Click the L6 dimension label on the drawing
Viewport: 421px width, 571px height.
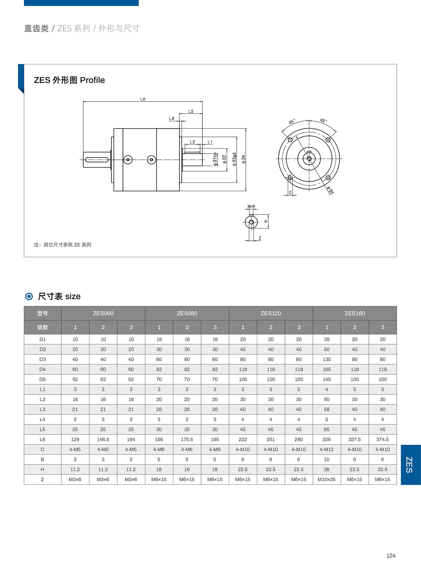(143, 99)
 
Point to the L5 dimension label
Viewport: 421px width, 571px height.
(191, 111)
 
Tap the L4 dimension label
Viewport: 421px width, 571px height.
(172, 119)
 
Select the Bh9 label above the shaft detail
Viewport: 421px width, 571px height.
(251, 206)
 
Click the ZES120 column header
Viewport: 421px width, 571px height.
(271, 313)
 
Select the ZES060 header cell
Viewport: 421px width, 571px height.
(103, 313)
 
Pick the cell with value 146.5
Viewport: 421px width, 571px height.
(103, 439)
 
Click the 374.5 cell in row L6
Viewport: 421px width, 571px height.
(382, 439)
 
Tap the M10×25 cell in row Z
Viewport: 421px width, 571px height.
(326, 479)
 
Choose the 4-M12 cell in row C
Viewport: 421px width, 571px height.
(326, 449)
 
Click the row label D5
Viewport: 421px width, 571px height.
(42, 379)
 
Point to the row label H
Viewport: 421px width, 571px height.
(42, 469)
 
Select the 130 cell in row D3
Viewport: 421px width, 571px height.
(326, 359)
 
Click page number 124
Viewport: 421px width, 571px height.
(391, 556)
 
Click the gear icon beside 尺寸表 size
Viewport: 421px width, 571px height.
(29, 296)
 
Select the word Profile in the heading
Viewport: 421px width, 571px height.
(92, 80)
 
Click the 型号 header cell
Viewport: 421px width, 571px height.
(42, 313)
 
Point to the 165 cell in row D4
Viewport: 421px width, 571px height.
(326, 369)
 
